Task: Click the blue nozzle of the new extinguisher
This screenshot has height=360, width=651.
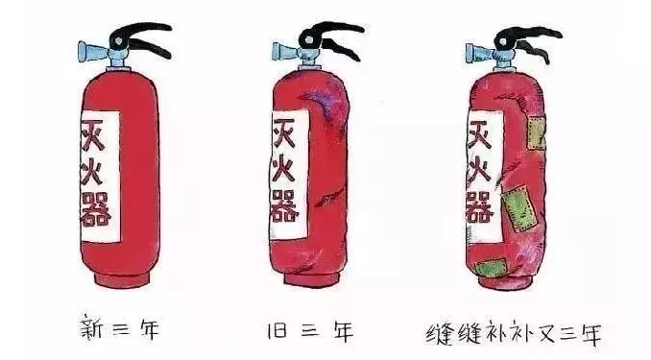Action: click(93, 51)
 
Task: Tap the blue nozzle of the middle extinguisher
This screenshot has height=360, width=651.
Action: click(285, 51)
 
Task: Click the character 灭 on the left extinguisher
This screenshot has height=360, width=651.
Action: click(93, 135)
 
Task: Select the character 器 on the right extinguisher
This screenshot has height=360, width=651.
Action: click(480, 206)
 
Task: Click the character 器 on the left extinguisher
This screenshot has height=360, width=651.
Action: click(96, 209)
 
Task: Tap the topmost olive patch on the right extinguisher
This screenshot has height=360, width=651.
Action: click(536, 133)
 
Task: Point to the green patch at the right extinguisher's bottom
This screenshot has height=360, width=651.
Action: click(492, 268)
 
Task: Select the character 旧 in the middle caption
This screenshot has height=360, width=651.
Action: click(277, 329)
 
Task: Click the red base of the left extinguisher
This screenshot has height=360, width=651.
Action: click(121, 278)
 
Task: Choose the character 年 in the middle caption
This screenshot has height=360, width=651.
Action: click(344, 331)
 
